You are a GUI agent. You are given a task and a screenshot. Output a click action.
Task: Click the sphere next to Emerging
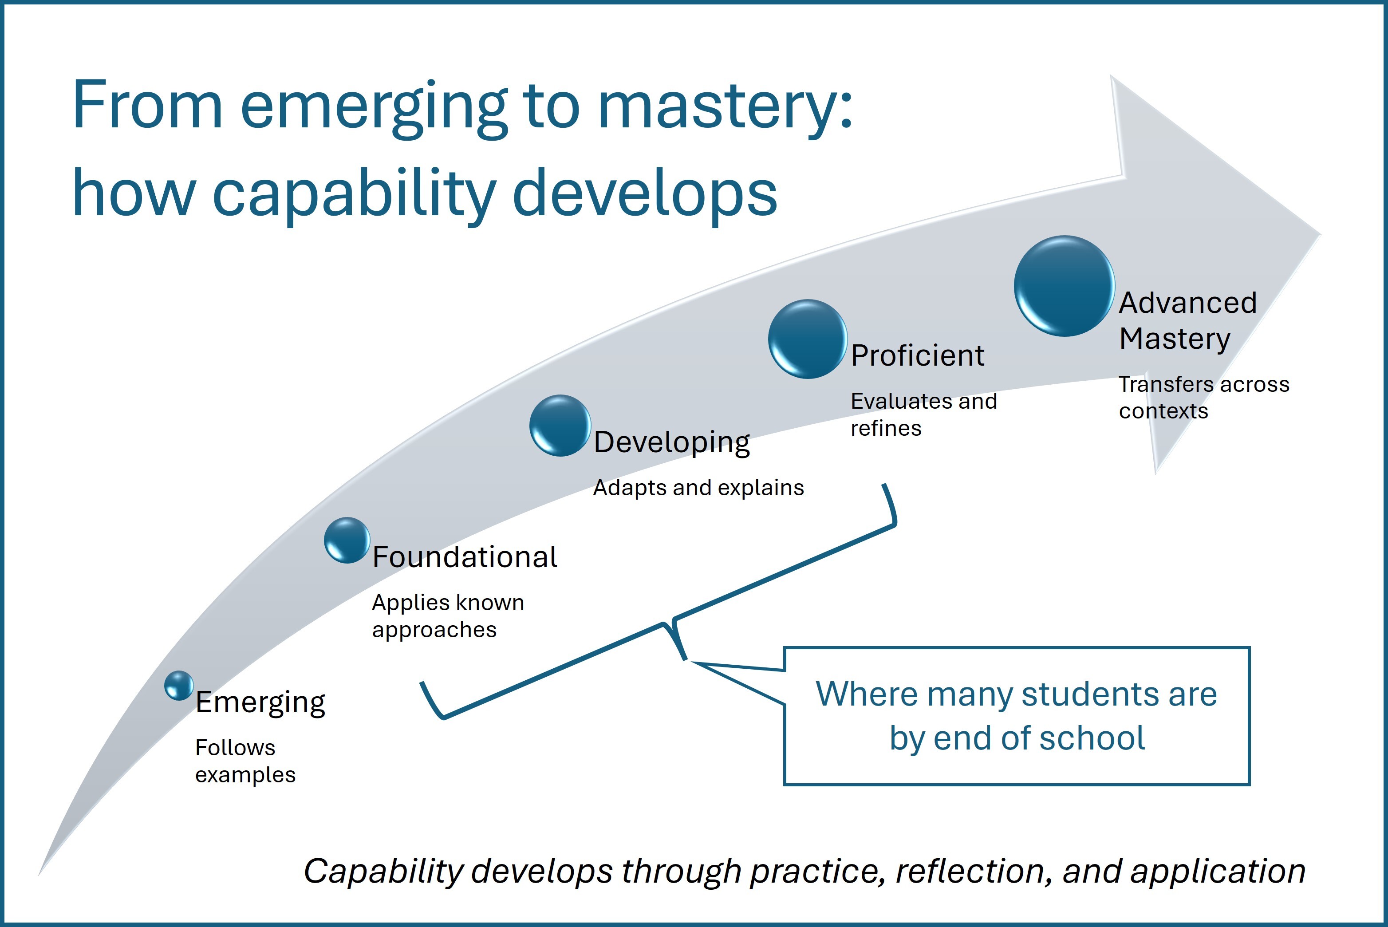(178, 685)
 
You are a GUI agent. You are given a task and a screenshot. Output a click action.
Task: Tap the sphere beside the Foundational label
(347, 540)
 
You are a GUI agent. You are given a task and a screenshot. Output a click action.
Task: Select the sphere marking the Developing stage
(560, 425)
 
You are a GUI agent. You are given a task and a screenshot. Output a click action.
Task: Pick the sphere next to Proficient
(808, 339)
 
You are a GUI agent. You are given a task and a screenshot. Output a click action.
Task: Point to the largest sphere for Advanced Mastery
(1064, 286)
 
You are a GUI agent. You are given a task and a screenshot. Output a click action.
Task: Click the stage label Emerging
(260, 702)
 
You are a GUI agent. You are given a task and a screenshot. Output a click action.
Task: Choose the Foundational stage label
(465, 557)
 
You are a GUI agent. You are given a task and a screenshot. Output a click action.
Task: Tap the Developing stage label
(671, 443)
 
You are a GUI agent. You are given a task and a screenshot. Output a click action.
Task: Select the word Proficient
(918, 355)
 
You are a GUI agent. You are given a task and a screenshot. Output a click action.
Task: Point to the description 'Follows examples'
(245, 761)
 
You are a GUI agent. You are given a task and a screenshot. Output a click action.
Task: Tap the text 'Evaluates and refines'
(924, 414)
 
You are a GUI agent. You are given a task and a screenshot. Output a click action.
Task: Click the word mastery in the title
(725, 107)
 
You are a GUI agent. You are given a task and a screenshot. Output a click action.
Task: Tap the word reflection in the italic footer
(974, 872)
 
